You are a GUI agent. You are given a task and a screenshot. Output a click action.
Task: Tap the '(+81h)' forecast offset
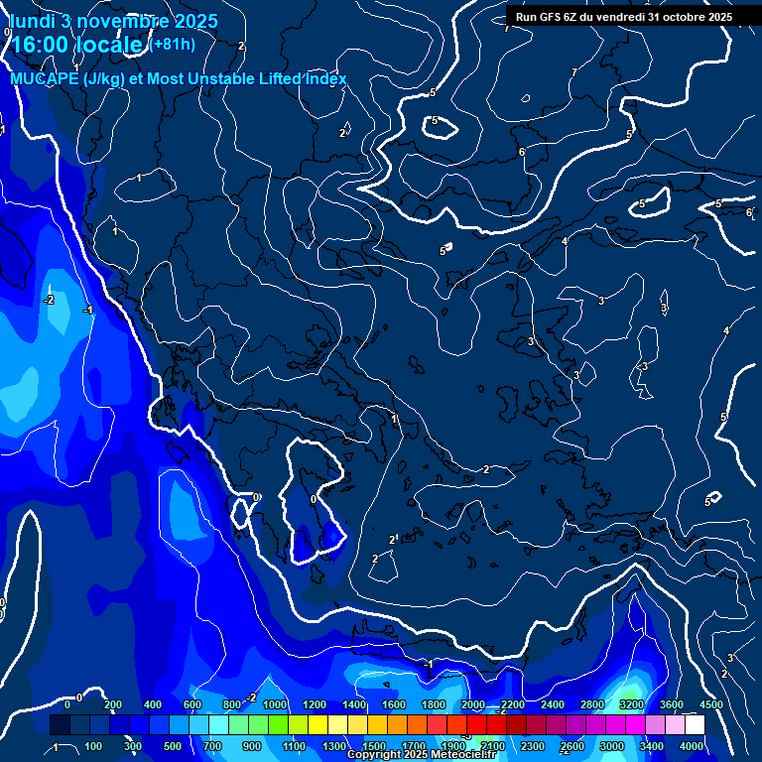pos(173,44)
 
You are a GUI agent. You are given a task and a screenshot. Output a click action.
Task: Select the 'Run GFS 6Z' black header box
pos(623,17)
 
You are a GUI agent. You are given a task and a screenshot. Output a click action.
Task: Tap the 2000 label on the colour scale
pos(473,704)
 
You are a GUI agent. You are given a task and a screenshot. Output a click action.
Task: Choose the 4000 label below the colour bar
pos(691,746)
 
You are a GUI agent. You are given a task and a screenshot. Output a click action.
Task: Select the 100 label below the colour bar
pos(93,746)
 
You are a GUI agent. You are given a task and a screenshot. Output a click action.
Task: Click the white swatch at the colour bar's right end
pos(695,725)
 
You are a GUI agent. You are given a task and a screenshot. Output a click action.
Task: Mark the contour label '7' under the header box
pos(573,72)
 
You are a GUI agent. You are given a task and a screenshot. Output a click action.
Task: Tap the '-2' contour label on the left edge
pos(49,299)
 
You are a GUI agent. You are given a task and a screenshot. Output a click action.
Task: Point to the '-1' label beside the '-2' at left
pos(87,310)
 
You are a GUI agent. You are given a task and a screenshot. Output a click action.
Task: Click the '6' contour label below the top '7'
pos(522,152)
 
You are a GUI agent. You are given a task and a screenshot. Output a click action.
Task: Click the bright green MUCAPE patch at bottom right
pos(630,691)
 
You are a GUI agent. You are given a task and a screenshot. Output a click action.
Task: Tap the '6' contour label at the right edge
pos(749,212)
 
